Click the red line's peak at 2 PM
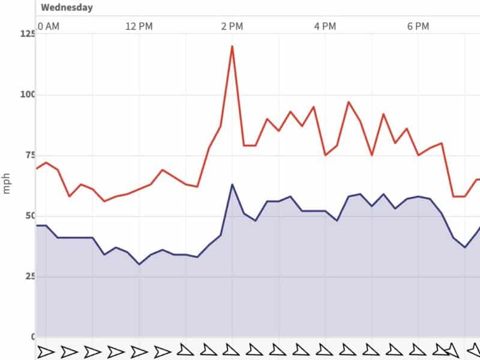pos(232,46)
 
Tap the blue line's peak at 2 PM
pos(232,184)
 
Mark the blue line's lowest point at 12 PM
pos(139,264)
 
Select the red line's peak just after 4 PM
pos(348,102)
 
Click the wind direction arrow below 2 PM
pos(232,349)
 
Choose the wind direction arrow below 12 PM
pos(139,351)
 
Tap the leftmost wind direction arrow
pos(46,351)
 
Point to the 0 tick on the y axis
pos(33,337)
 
